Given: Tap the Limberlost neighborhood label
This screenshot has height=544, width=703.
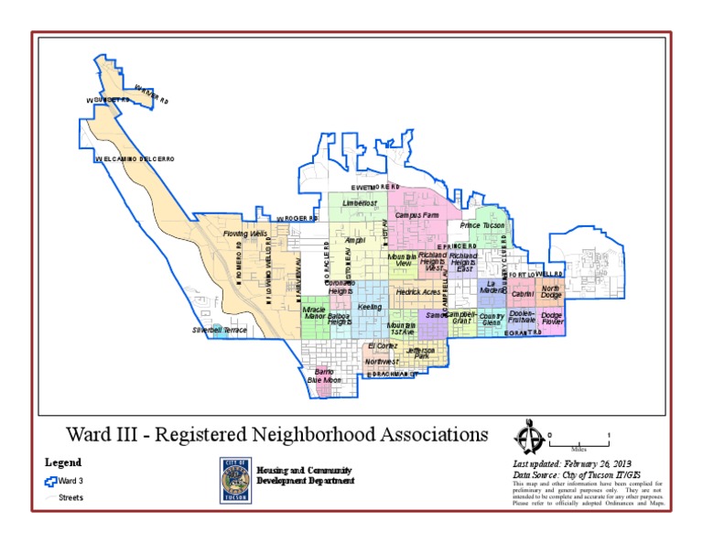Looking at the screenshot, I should coord(360,202).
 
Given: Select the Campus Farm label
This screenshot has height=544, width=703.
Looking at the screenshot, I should coord(416,214).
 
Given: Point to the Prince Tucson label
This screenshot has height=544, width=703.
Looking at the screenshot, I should coord(482,225).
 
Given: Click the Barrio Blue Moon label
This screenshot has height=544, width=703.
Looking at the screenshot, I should coord(323,375).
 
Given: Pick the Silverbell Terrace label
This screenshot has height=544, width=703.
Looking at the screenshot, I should coord(219,330).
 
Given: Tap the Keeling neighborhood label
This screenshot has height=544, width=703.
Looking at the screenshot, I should coord(370,307).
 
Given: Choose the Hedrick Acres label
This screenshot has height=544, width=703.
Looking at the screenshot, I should coord(417,292).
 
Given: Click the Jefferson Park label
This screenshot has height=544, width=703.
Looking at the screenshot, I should coord(421,353).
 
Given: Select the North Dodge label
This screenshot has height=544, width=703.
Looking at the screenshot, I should coord(551,291).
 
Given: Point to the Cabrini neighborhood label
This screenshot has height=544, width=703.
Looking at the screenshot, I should coord(523,294).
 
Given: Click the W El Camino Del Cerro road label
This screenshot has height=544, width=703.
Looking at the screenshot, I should coord(134,159).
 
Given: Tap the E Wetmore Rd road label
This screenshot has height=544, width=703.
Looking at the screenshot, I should coord(375,187).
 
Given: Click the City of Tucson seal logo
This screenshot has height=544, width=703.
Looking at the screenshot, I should coord(233,480).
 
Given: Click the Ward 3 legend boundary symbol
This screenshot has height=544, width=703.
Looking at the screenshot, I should coord(51,480).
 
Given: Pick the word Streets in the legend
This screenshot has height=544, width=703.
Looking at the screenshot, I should coord(70,497).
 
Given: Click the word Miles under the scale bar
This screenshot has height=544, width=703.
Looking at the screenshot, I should coord(578,450).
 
